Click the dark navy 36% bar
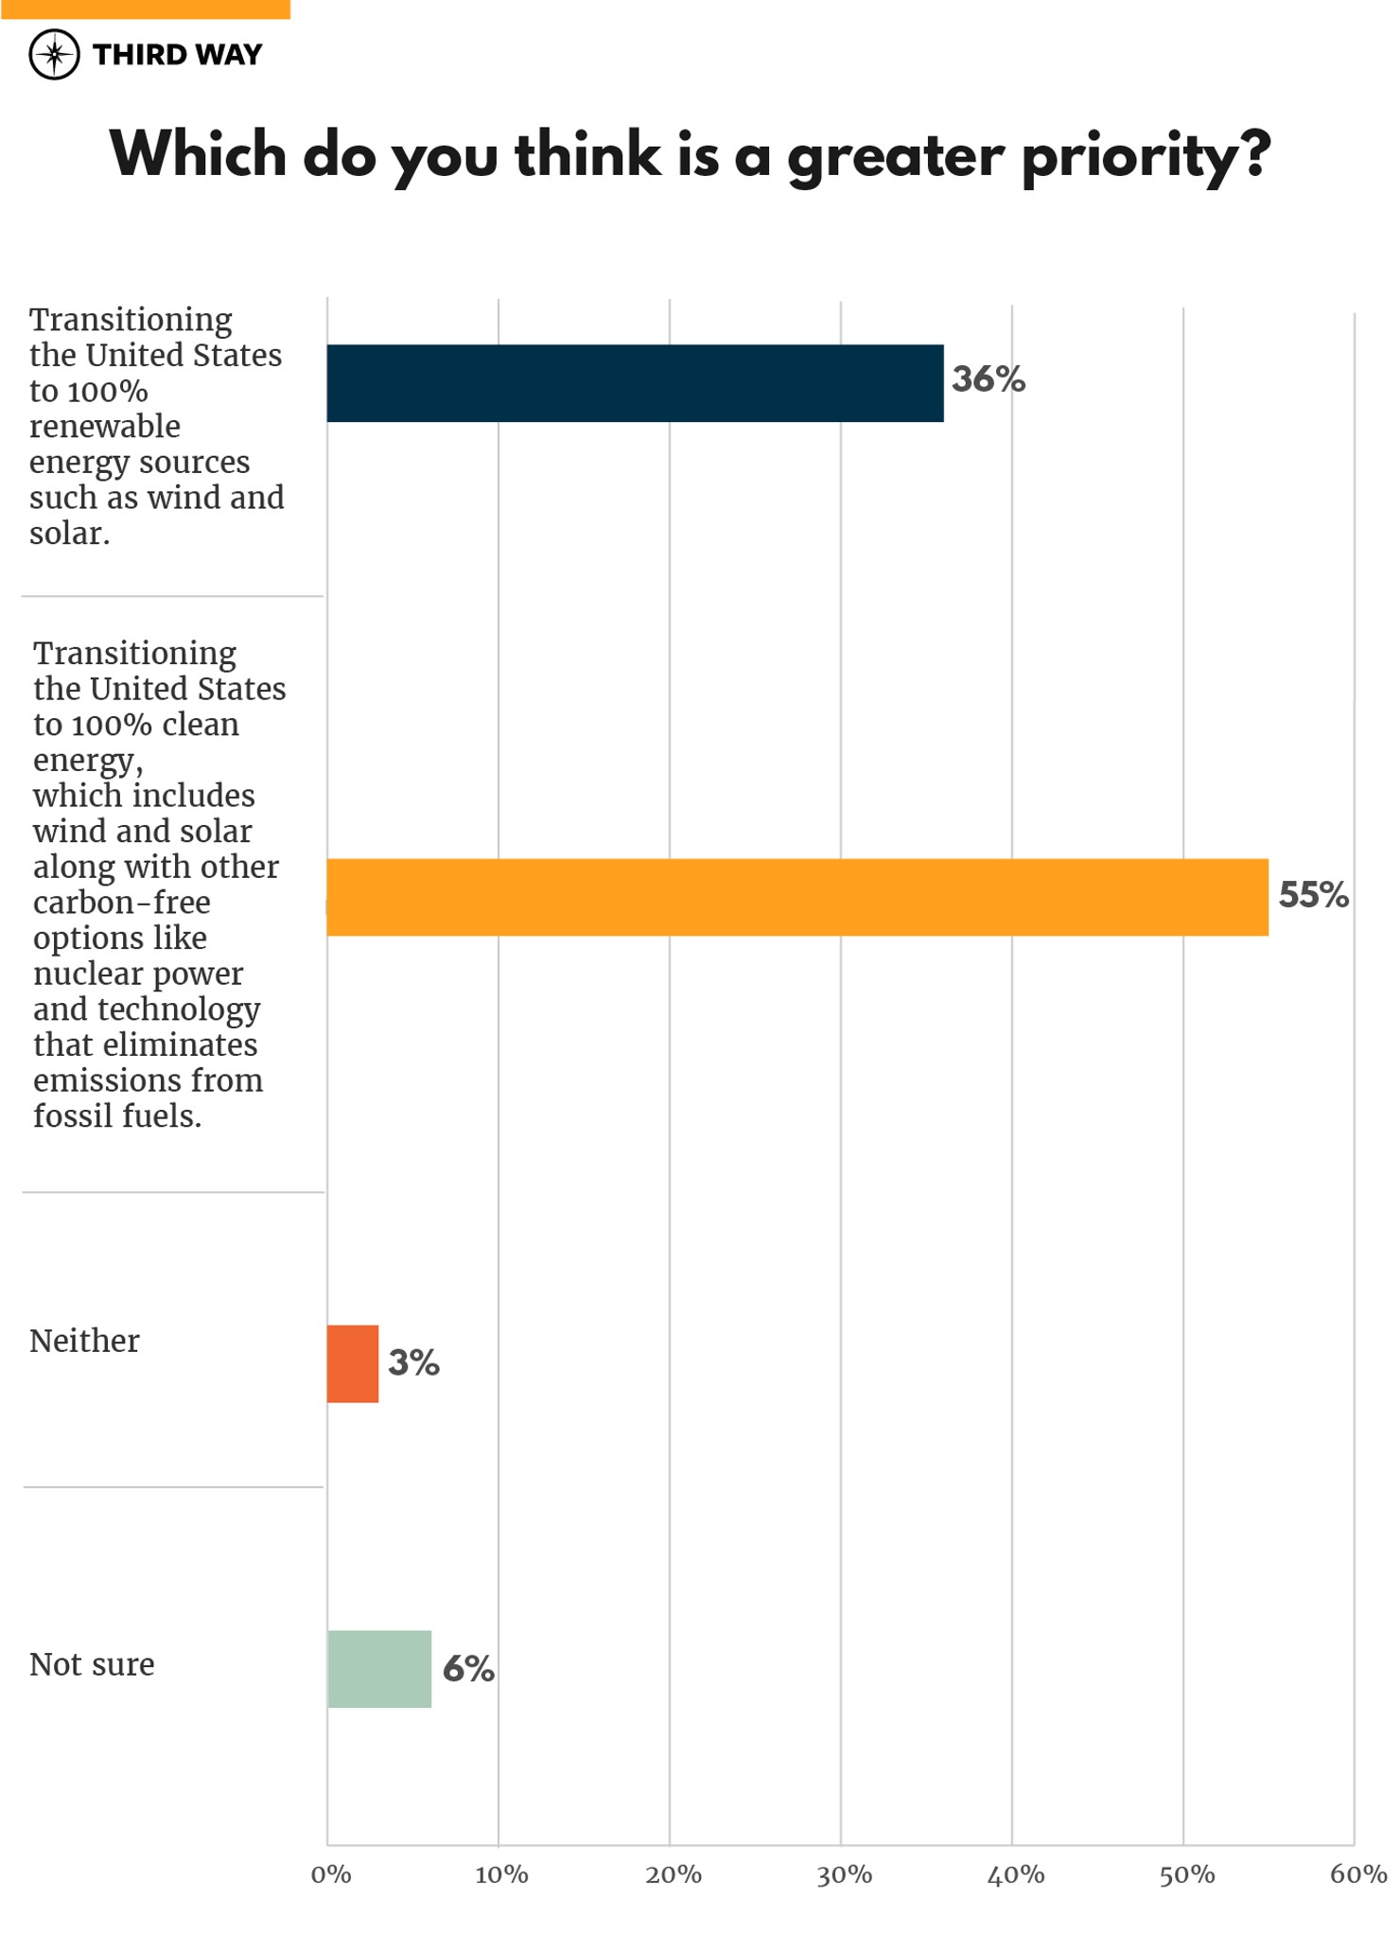(x=635, y=383)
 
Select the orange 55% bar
(x=796, y=897)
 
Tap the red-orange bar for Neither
(x=353, y=1363)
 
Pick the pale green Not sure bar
(x=379, y=1669)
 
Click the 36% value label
(x=988, y=379)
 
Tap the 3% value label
(x=413, y=1362)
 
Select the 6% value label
(x=468, y=1669)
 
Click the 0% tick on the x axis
(x=331, y=1874)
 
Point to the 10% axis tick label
(x=501, y=1874)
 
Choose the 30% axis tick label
(x=844, y=1874)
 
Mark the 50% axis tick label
(x=1186, y=1874)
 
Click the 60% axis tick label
(x=1357, y=1874)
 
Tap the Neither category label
(x=84, y=1341)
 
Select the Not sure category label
(x=92, y=1664)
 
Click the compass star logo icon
(x=54, y=55)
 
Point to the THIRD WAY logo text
(x=177, y=55)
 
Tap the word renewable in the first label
(x=104, y=427)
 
